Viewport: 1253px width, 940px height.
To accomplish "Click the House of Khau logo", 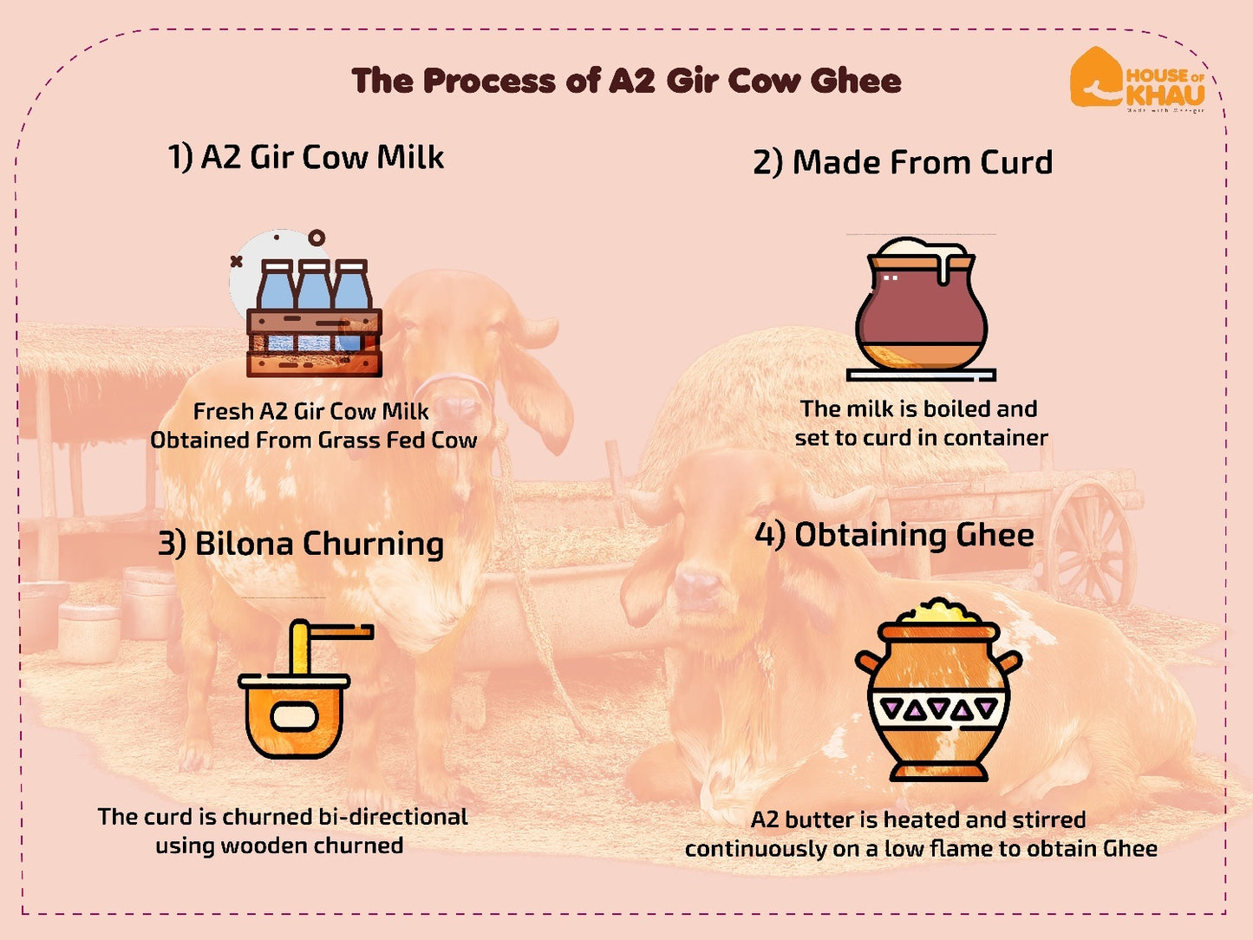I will click(1136, 79).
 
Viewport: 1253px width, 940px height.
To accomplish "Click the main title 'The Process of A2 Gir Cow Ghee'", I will click(626, 81).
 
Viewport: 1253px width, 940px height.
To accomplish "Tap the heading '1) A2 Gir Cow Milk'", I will click(305, 157).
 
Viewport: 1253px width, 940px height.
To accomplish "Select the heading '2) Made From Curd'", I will click(902, 162).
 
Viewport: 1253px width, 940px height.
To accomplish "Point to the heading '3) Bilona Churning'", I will click(300, 544).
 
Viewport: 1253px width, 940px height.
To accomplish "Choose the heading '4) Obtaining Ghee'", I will click(894, 535).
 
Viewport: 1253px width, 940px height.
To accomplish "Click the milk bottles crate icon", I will click(314, 318).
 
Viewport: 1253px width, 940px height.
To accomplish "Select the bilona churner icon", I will click(295, 694).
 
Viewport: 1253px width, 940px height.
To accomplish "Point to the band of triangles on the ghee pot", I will click(938, 710).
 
